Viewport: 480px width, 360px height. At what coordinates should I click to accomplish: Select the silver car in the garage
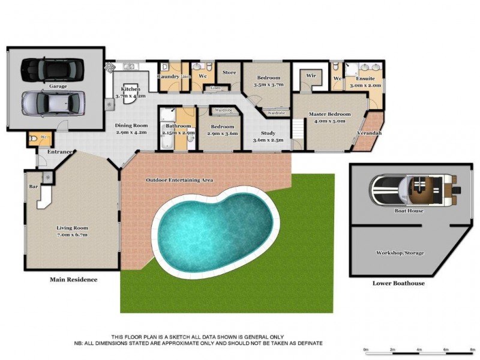(x=52, y=103)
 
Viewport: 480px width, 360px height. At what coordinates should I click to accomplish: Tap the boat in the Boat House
(x=415, y=190)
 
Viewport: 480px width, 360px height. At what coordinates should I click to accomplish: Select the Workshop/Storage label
(x=400, y=253)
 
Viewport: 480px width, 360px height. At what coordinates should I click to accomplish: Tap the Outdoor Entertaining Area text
(x=180, y=180)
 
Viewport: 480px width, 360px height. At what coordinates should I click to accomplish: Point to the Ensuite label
(x=365, y=79)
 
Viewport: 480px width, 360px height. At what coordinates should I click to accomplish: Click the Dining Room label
(x=132, y=125)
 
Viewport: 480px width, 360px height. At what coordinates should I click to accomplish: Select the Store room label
(x=229, y=73)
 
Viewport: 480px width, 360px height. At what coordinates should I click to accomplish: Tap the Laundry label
(x=168, y=76)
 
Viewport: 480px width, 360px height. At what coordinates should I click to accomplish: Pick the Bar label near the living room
(x=33, y=186)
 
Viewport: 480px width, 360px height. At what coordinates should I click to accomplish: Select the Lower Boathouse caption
(x=398, y=283)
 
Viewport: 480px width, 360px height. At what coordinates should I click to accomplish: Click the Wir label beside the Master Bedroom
(x=311, y=76)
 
